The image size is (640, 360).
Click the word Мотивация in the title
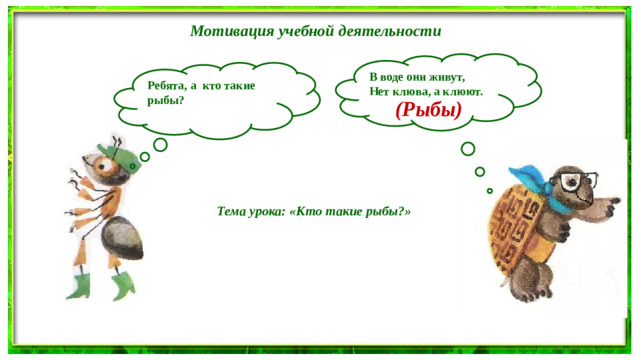(226, 31)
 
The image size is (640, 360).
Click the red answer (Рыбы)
(428, 111)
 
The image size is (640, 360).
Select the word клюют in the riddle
(464, 91)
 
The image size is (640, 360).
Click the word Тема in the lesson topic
(233, 212)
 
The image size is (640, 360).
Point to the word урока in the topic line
(268, 212)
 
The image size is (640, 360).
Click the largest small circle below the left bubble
(160, 143)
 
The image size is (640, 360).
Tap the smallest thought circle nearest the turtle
(489, 190)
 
